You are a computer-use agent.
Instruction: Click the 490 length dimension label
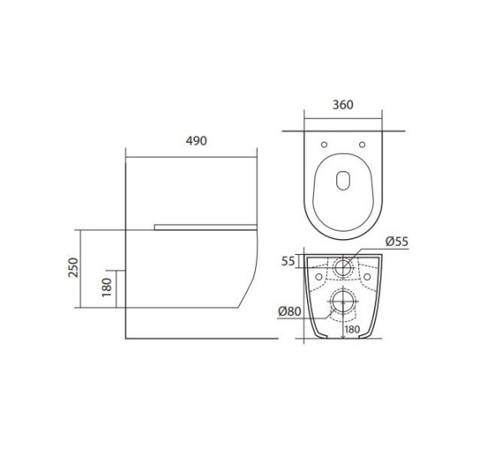click(x=197, y=141)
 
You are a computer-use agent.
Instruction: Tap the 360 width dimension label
click(x=343, y=104)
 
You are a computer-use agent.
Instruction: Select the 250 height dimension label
click(x=74, y=267)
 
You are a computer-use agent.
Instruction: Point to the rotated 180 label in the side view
click(x=107, y=287)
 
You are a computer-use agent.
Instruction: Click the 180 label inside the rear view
click(x=352, y=329)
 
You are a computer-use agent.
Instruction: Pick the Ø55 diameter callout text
click(x=397, y=242)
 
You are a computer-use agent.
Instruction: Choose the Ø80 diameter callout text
click(x=289, y=311)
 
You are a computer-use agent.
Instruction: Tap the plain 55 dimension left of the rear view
click(x=288, y=262)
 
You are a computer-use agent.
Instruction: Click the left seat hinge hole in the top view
click(x=324, y=145)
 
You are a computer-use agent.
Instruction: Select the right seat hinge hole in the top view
click(x=362, y=145)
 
